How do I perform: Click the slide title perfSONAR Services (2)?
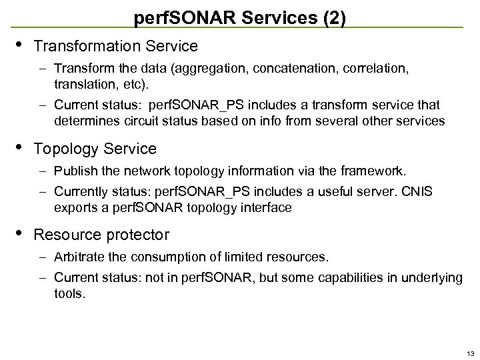click(x=239, y=17)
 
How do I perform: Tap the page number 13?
click(x=471, y=353)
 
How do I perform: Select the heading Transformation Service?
click(x=115, y=46)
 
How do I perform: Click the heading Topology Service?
click(x=95, y=149)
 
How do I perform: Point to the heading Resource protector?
click(x=101, y=235)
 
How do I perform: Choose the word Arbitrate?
click(x=77, y=257)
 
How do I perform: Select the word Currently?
click(x=81, y=192)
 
